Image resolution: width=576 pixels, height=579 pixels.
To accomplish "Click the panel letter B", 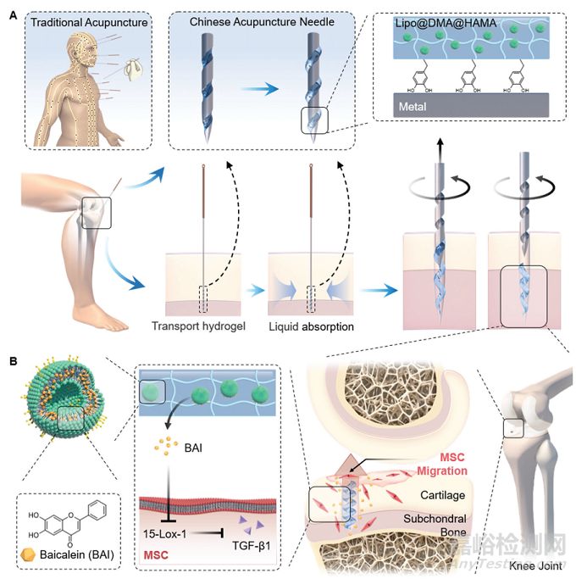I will coord(13,360).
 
